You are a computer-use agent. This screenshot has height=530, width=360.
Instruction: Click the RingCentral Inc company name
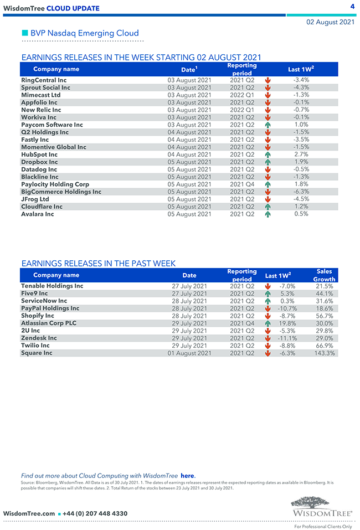click(44, 80)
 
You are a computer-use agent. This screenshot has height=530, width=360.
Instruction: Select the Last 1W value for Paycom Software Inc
click(301, 125)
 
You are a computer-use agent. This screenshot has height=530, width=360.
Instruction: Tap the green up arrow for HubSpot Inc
click(268, 155)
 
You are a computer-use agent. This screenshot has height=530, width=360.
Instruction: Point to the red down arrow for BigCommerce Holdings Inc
click(268, 192)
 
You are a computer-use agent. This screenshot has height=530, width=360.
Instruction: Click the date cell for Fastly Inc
click(189, 140)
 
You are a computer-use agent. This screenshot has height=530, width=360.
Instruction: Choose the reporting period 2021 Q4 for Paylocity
click(242, 184)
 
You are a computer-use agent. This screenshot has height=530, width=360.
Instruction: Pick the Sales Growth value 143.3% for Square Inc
click(324, 353)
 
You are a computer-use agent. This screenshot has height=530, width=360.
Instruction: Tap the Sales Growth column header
click(324, 275)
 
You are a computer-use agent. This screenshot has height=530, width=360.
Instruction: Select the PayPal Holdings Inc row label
click(50, 308)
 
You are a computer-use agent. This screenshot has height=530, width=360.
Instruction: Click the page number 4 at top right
click(352, 6)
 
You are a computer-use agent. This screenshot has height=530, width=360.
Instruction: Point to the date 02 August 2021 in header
click(331, 22)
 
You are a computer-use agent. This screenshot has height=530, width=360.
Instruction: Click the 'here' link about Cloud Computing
click(187, 476)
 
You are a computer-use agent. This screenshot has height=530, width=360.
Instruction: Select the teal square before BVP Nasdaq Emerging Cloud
click(24, 33)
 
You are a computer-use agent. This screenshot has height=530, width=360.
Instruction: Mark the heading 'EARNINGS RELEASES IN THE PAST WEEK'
click(98, 264)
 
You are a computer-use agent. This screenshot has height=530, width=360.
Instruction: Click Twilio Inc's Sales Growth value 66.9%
click(324, 346)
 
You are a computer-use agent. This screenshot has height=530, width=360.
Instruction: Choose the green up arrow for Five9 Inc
click(268, 294)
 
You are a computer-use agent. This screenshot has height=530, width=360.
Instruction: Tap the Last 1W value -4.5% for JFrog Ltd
click(301, 199)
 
